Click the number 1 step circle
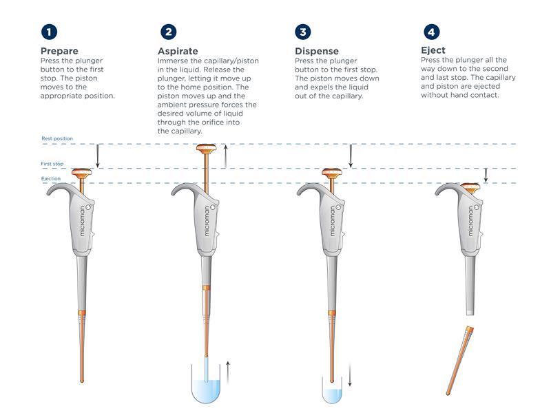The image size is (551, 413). point(49,32)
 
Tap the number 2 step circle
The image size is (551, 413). point(169,32)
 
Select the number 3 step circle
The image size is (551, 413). point(303,32)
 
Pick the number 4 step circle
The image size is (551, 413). point(432,32)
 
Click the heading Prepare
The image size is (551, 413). point(59,51)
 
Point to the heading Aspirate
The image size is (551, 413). point(178,51)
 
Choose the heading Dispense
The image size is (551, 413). point(317,51)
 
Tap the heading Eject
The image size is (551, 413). point(433,50)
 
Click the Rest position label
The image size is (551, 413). point(57,138)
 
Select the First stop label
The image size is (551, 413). point(52,164)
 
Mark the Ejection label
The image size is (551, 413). point(51,178)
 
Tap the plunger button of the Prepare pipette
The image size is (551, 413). point(82,173)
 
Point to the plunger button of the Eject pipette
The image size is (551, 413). point(470,187)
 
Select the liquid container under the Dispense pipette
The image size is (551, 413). point(332,390)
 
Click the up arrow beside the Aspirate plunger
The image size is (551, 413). point(226,156)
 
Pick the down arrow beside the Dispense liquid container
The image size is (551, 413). point(350,374)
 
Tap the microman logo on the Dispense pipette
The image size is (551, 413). point(333,220)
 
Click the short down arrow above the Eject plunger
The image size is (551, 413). point(486,176)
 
